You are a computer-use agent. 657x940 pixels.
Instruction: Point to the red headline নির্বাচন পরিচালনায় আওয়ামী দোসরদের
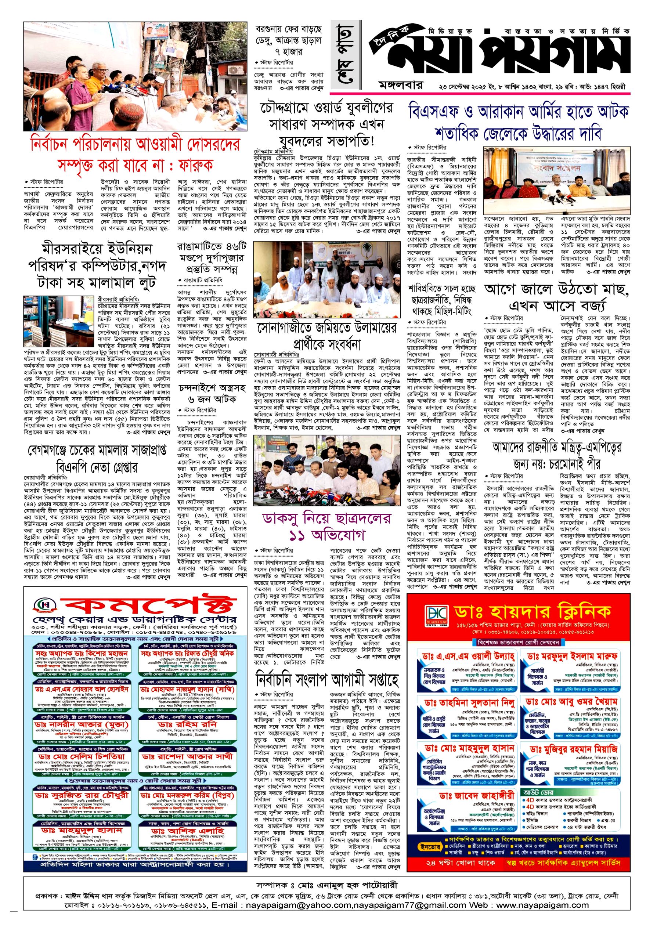[135, 144]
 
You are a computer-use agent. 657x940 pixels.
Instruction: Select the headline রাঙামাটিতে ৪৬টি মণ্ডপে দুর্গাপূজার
[212, 257]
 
